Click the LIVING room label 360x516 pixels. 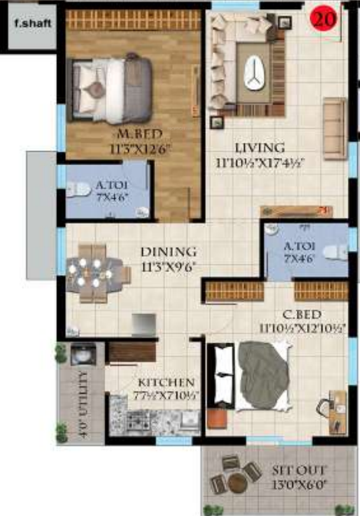pos(259,147)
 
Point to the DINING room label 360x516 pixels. pos(168,252)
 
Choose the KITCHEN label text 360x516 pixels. pos(164,382)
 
